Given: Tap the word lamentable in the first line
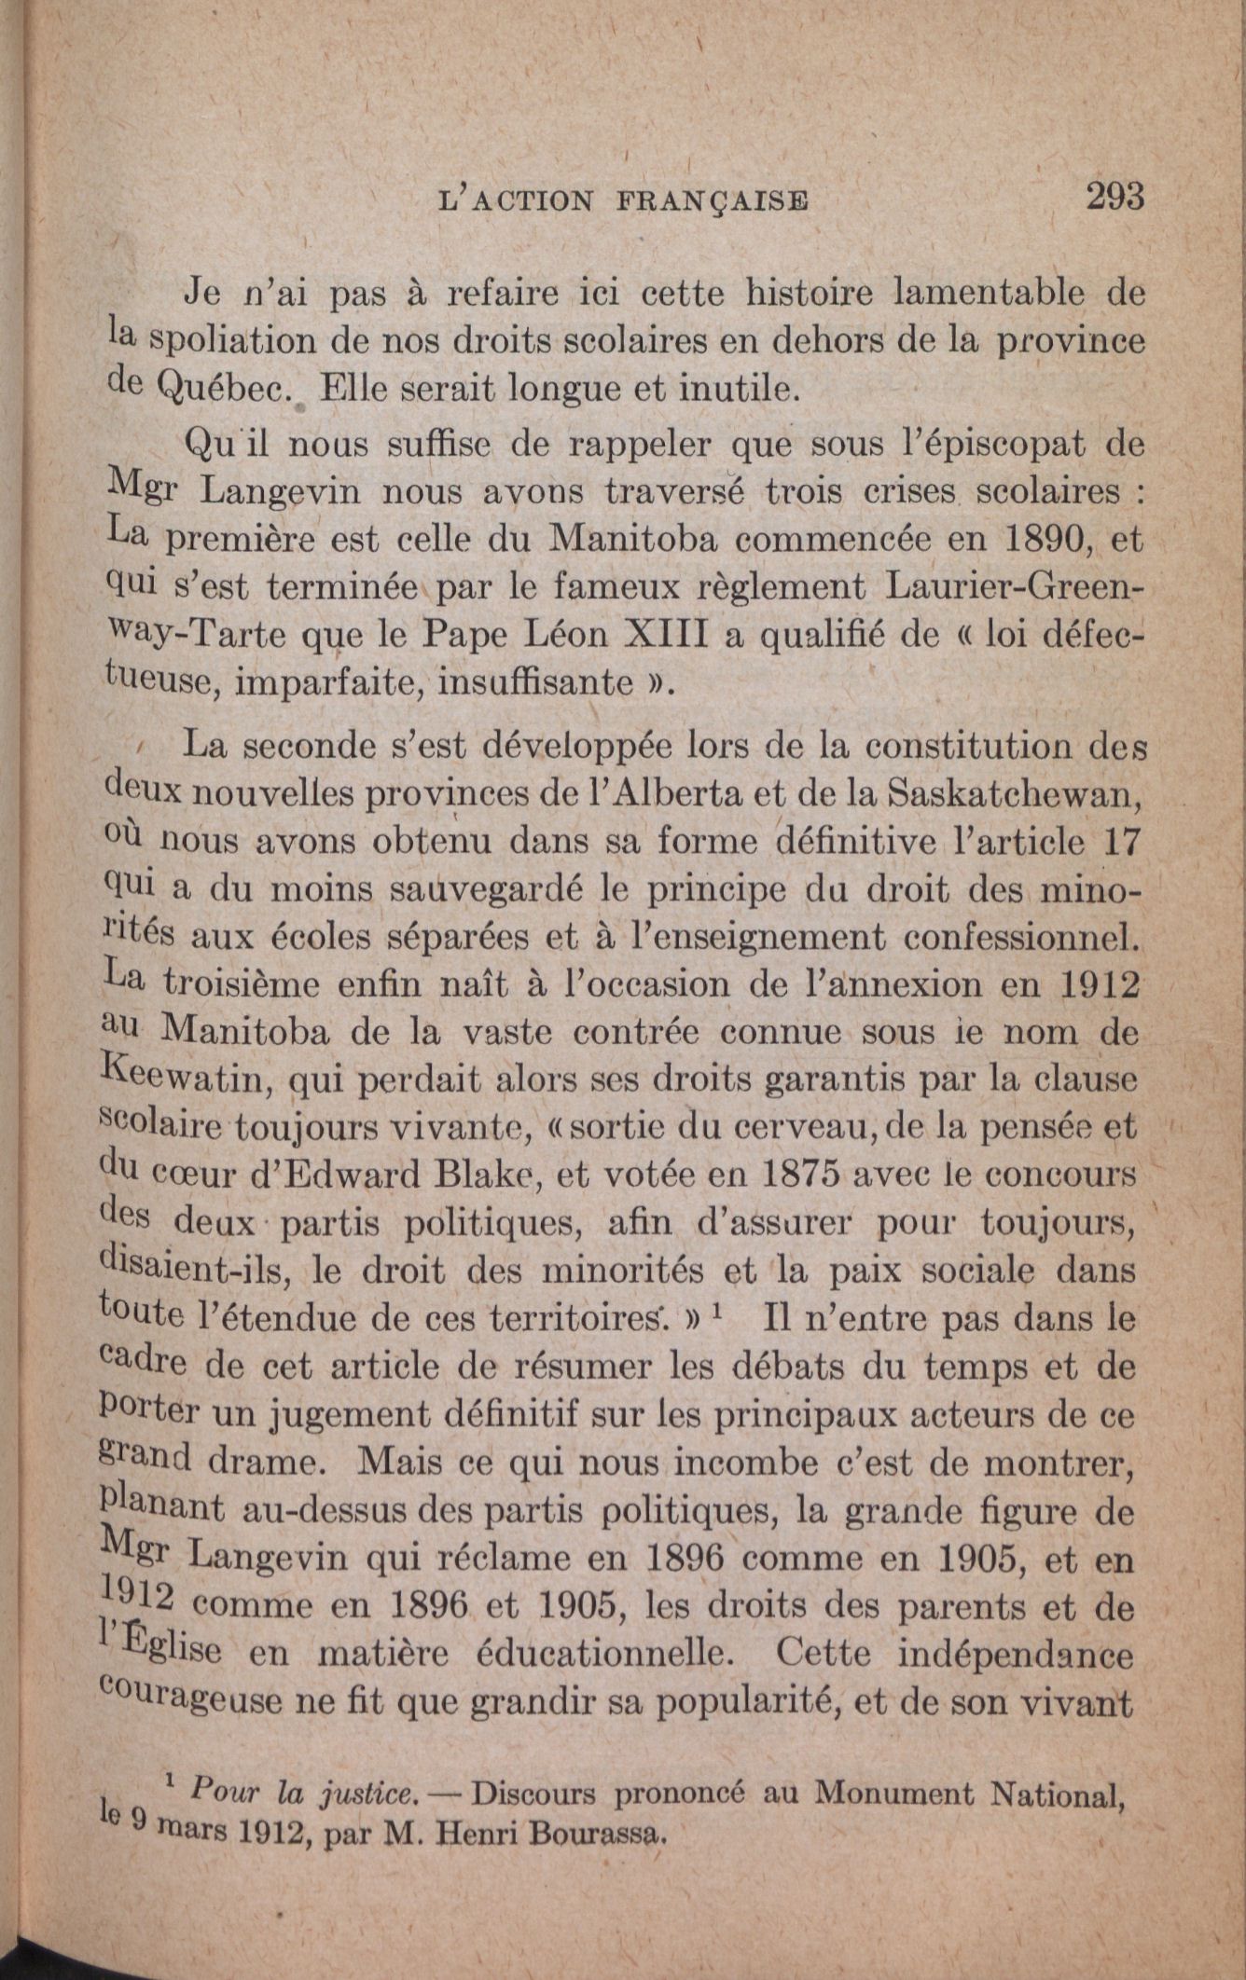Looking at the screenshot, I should (x=988, y=295).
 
